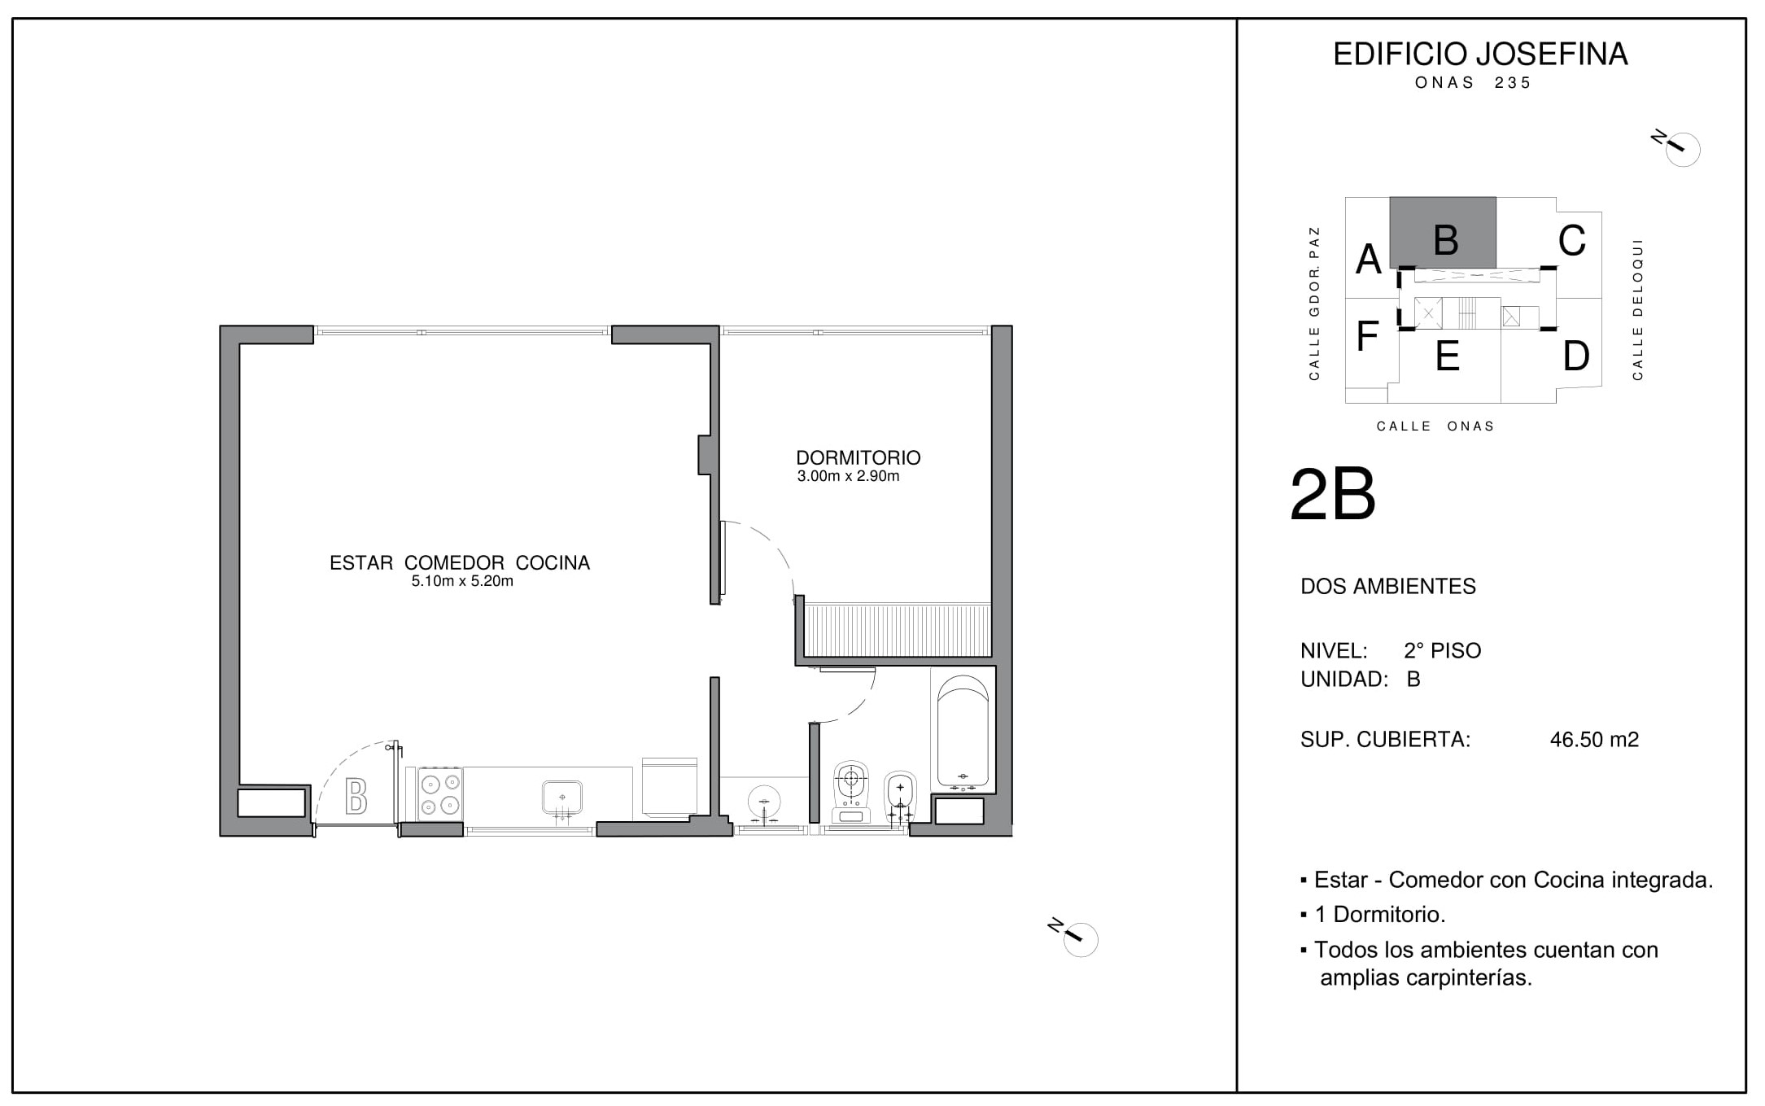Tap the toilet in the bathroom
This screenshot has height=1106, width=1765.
[x=851, y=792]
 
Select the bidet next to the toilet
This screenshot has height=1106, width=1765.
[x=900, y=798]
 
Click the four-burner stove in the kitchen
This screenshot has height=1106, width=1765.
[x=439, y=794]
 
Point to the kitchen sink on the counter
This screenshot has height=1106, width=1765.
[x=562, y=798]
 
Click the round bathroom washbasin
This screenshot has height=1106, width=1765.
[x=764, y=802]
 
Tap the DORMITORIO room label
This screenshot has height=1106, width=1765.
[x=858, y=457]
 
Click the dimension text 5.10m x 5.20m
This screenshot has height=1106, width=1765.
[x=462, y=581]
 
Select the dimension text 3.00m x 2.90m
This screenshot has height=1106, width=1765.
[x=848, y=476]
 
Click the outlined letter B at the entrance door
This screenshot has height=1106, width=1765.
[x=356, y=796]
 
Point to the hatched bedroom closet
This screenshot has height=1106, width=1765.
[x=898, y=630]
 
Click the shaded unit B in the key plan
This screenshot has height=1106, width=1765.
[x=1442, y=232]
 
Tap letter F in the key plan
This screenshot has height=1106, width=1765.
[x=1367, y=336]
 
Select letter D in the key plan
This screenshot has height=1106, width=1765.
[x=1576, y=356]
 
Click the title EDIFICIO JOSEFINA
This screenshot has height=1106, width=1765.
[x=1480, y=54]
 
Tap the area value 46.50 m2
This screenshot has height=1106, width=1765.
[x=1594, y=739]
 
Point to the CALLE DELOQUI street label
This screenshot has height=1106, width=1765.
[x=1637, y=309]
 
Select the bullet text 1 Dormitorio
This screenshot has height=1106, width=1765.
[x=1380, y=914]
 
